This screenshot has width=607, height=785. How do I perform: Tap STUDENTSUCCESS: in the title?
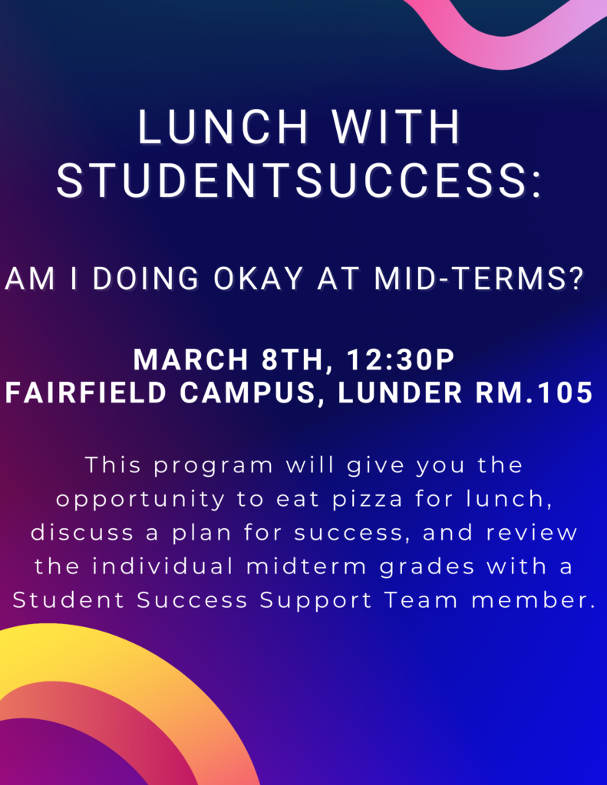pos(300,181)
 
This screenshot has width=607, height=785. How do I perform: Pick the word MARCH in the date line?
pos(190,360)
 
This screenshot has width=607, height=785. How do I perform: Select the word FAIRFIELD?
pos(86,392)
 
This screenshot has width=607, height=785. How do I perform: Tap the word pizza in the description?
pos(368,500)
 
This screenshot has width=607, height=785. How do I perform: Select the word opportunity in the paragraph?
pos(140,500)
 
